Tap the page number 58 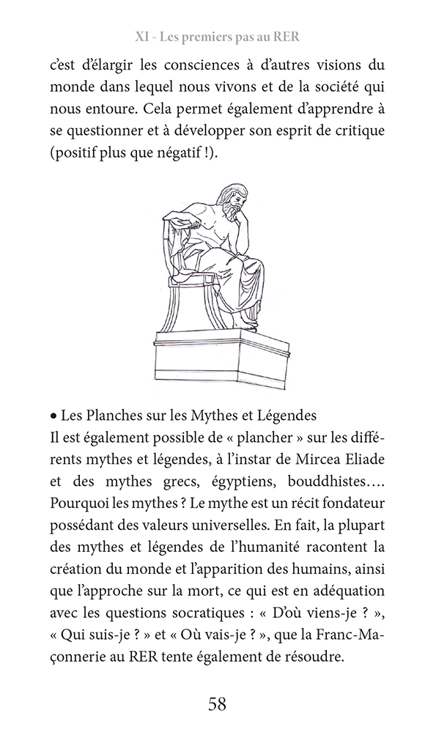point(217,704)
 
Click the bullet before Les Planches point(53,416)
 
